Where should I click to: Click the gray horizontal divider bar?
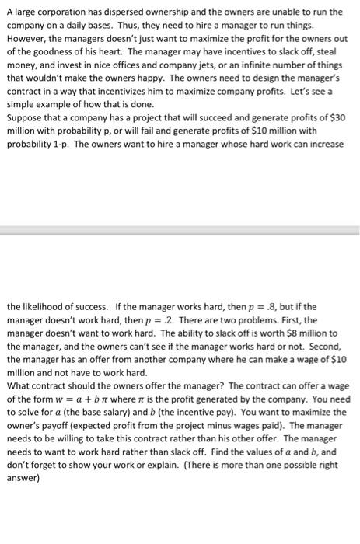click(x=180, y=231)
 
